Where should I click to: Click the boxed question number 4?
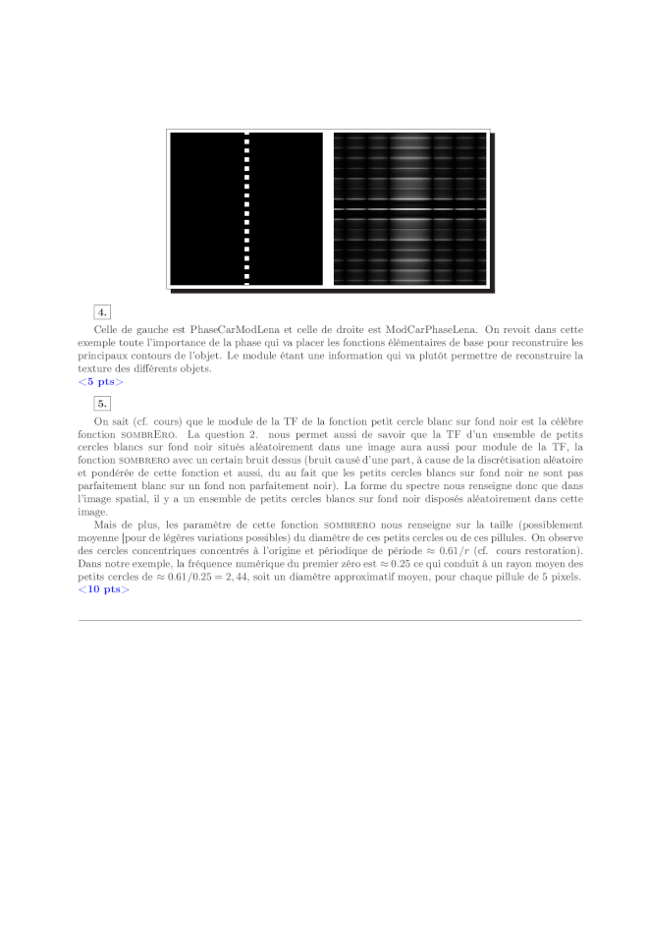tap(101, 313)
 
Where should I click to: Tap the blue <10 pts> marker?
tap(104, 589)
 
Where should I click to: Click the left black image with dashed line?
tap(206, 208)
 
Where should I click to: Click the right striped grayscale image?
tap(409, 208)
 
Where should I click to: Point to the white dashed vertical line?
tap(246, 208)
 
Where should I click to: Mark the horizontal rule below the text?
tap(330, 620)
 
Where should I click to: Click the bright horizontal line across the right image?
tap(409, 209)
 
